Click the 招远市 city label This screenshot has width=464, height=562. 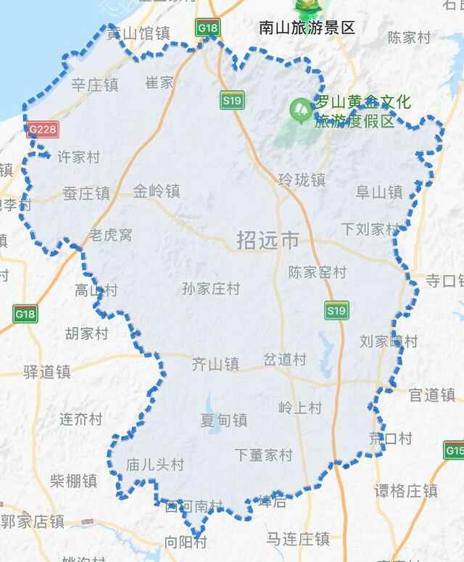(x=268, y=240)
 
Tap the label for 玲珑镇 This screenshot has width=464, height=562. (x=302, y=179)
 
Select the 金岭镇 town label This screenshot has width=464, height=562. (x=156, y=191)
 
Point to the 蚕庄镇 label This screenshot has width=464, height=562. (x=86, y=194)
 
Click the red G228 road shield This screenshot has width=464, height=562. (x=43, y=130)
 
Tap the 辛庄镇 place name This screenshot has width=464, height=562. (x=94, y=85)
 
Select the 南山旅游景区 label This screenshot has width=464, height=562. (x=307, y=28)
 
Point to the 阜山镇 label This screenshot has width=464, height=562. (x=378, y=192)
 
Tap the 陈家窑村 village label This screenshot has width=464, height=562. (x=318, y=273)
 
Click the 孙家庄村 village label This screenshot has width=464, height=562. (x=211, y=289)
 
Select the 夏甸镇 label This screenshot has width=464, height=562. (x=223, y=421)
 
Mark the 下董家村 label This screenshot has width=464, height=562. (x=263, y=455)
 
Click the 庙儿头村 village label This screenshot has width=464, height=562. (x=155, y=464)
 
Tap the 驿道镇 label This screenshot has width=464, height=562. (x=46, y=372)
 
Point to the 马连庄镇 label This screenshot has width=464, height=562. (x=297, y=539)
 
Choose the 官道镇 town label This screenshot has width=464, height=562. (x=432, y=395)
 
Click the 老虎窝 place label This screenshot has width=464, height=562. (x=110, y=235)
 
